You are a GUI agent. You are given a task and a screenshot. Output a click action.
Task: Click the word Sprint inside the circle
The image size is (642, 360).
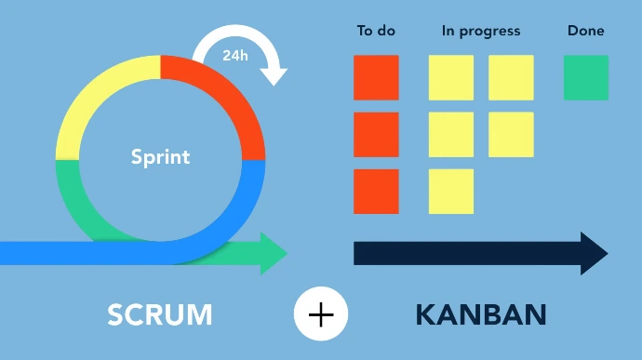point(160,156)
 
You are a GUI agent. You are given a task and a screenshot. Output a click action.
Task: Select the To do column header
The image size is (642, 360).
point(376,31)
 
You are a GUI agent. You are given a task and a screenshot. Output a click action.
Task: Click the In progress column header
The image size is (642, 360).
point(481,31)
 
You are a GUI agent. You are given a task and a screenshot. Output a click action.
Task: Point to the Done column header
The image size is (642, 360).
point(585,31)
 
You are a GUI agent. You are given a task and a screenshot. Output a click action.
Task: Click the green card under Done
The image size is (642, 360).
point(586,77)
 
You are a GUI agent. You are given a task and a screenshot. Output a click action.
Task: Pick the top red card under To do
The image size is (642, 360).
point(376,77)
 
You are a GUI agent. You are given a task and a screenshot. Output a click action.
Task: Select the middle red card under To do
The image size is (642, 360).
point(376,135)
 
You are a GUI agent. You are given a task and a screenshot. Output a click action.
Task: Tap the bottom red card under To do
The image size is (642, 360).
point(376,192)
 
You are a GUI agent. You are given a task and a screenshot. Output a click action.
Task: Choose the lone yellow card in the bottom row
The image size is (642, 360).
point(451,192)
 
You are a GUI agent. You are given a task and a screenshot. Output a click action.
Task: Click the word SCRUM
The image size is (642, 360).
point(160,314)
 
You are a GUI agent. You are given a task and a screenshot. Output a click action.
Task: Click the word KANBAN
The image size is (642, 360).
point(480,314)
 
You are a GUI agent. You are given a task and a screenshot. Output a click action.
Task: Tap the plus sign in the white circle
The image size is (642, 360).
point(321,314)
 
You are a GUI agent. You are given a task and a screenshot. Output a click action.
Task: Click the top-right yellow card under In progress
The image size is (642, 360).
point(511,77)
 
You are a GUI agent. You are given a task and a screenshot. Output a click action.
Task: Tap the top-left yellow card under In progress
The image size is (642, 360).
point(451,77)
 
